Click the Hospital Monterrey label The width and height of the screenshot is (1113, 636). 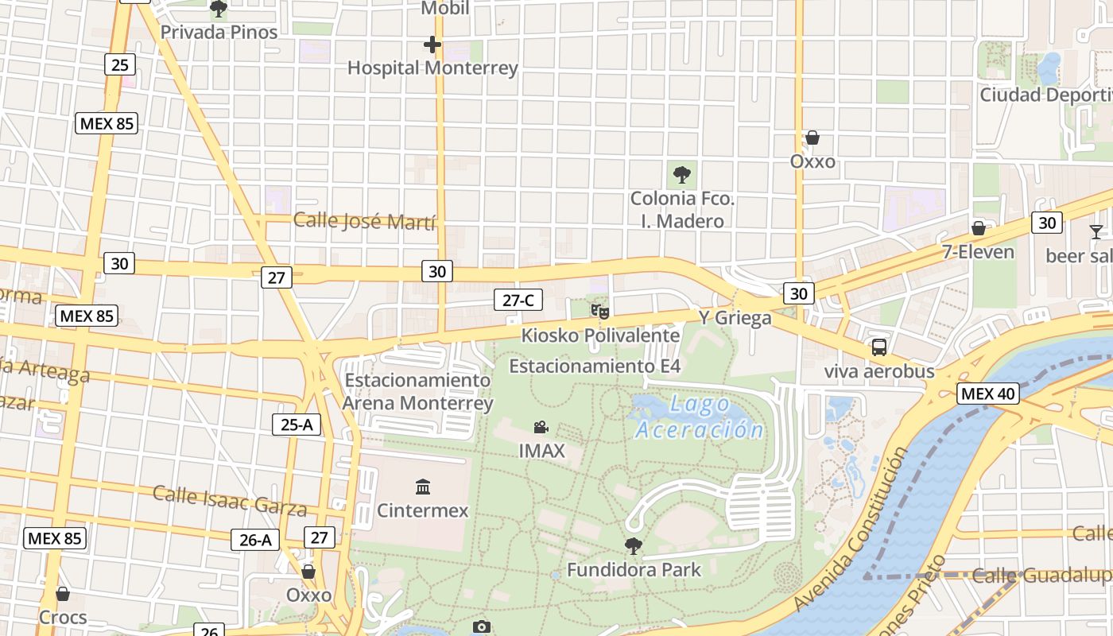432,68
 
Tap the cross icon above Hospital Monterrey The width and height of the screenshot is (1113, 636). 432,45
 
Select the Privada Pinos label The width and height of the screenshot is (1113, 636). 219,33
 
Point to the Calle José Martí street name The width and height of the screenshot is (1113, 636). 364,221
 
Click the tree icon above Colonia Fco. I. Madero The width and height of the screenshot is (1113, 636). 681,174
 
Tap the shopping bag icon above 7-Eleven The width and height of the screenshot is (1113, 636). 978,229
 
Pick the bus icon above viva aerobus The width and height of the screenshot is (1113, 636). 878,347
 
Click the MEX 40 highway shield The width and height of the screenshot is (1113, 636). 987,394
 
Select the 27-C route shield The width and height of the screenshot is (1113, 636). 518,300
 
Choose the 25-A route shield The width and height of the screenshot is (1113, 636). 296,425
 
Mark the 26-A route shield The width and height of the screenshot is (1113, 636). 255,540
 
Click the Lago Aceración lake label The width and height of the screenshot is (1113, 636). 700,417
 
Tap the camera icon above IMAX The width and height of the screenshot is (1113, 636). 541,428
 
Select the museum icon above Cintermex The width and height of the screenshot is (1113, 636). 423,487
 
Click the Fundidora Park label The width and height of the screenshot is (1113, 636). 634,570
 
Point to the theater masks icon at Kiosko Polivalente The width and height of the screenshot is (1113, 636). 600,312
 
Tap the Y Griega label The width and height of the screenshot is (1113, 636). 735,318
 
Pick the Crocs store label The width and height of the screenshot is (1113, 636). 63,617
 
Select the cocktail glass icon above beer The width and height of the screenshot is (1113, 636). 1096,232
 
